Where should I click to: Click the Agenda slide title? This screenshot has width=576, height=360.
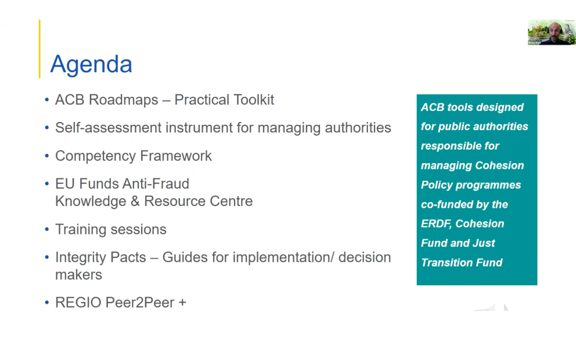pos(91,65)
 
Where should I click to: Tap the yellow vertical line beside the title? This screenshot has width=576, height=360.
pos(40,49)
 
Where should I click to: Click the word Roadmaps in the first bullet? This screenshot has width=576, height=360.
pos(123,100)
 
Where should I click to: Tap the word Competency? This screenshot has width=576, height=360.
pos(96,156)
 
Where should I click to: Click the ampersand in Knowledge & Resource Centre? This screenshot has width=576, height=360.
pos(135,201)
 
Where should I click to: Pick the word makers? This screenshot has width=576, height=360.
pos(79,274)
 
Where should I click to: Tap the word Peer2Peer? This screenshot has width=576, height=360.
pos(140,303)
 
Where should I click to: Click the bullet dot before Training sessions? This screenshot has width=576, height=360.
pos(47,229)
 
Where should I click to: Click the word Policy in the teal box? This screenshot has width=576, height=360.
pos(436,185)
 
